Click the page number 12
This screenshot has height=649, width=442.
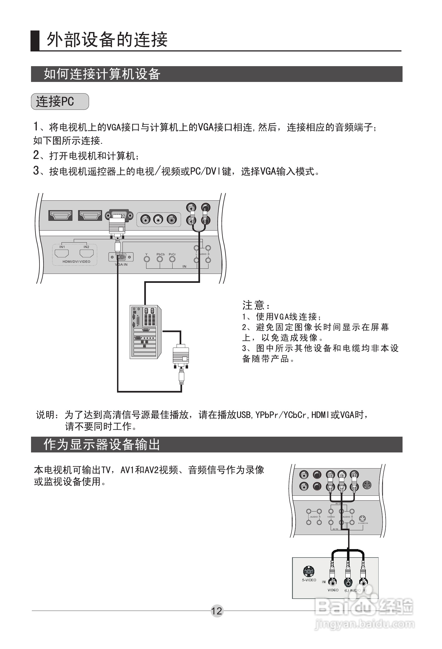coord(217,611)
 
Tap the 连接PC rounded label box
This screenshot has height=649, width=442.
coord(60,101)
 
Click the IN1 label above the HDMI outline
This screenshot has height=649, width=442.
coord(62,247)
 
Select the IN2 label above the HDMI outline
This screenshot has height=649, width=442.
coord(86,247)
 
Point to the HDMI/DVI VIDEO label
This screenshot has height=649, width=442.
coord(76,262)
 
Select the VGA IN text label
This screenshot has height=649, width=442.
coord(121,264)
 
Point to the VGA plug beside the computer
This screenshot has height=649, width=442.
coord(181,356)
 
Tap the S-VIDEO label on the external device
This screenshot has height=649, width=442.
coord(309,580)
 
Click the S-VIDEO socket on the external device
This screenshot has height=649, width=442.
coord(309,571)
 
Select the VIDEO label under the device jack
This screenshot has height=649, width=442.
coord(333,590)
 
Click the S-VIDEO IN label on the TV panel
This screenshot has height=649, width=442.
coord(363,523)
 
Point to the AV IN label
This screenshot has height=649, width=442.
coord(335,529)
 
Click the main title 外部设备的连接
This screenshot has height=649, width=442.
coord(107,39)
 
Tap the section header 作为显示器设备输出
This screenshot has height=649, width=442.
coord(102,445)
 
